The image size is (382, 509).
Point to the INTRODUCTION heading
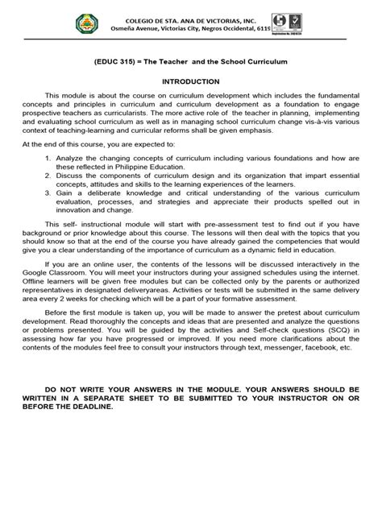(x=191, y=82)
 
